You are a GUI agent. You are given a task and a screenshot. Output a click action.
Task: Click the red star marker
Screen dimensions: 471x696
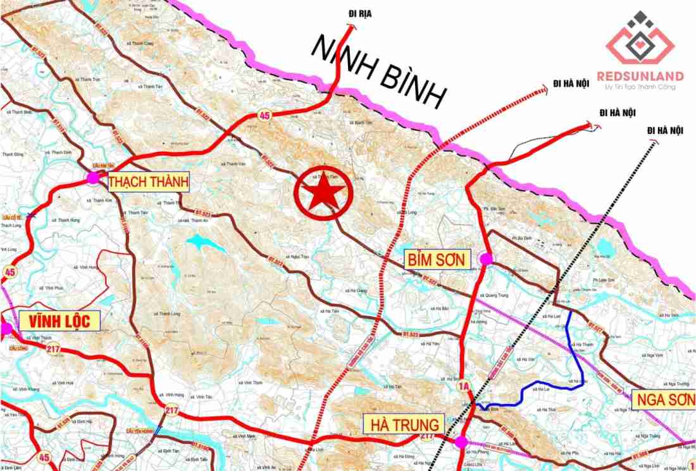point(323,193)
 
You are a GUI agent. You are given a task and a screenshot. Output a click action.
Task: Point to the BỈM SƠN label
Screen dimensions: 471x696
point(436,259)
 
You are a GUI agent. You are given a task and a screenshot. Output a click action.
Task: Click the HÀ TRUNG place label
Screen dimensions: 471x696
point(401,424)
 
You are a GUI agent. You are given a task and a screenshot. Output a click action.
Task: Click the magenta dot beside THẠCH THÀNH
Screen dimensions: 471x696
point(93,178)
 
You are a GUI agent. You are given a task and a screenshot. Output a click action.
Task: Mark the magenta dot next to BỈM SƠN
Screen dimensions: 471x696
point(486,259)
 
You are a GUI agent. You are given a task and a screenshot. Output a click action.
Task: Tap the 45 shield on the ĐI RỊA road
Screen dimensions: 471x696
point(264,114)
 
